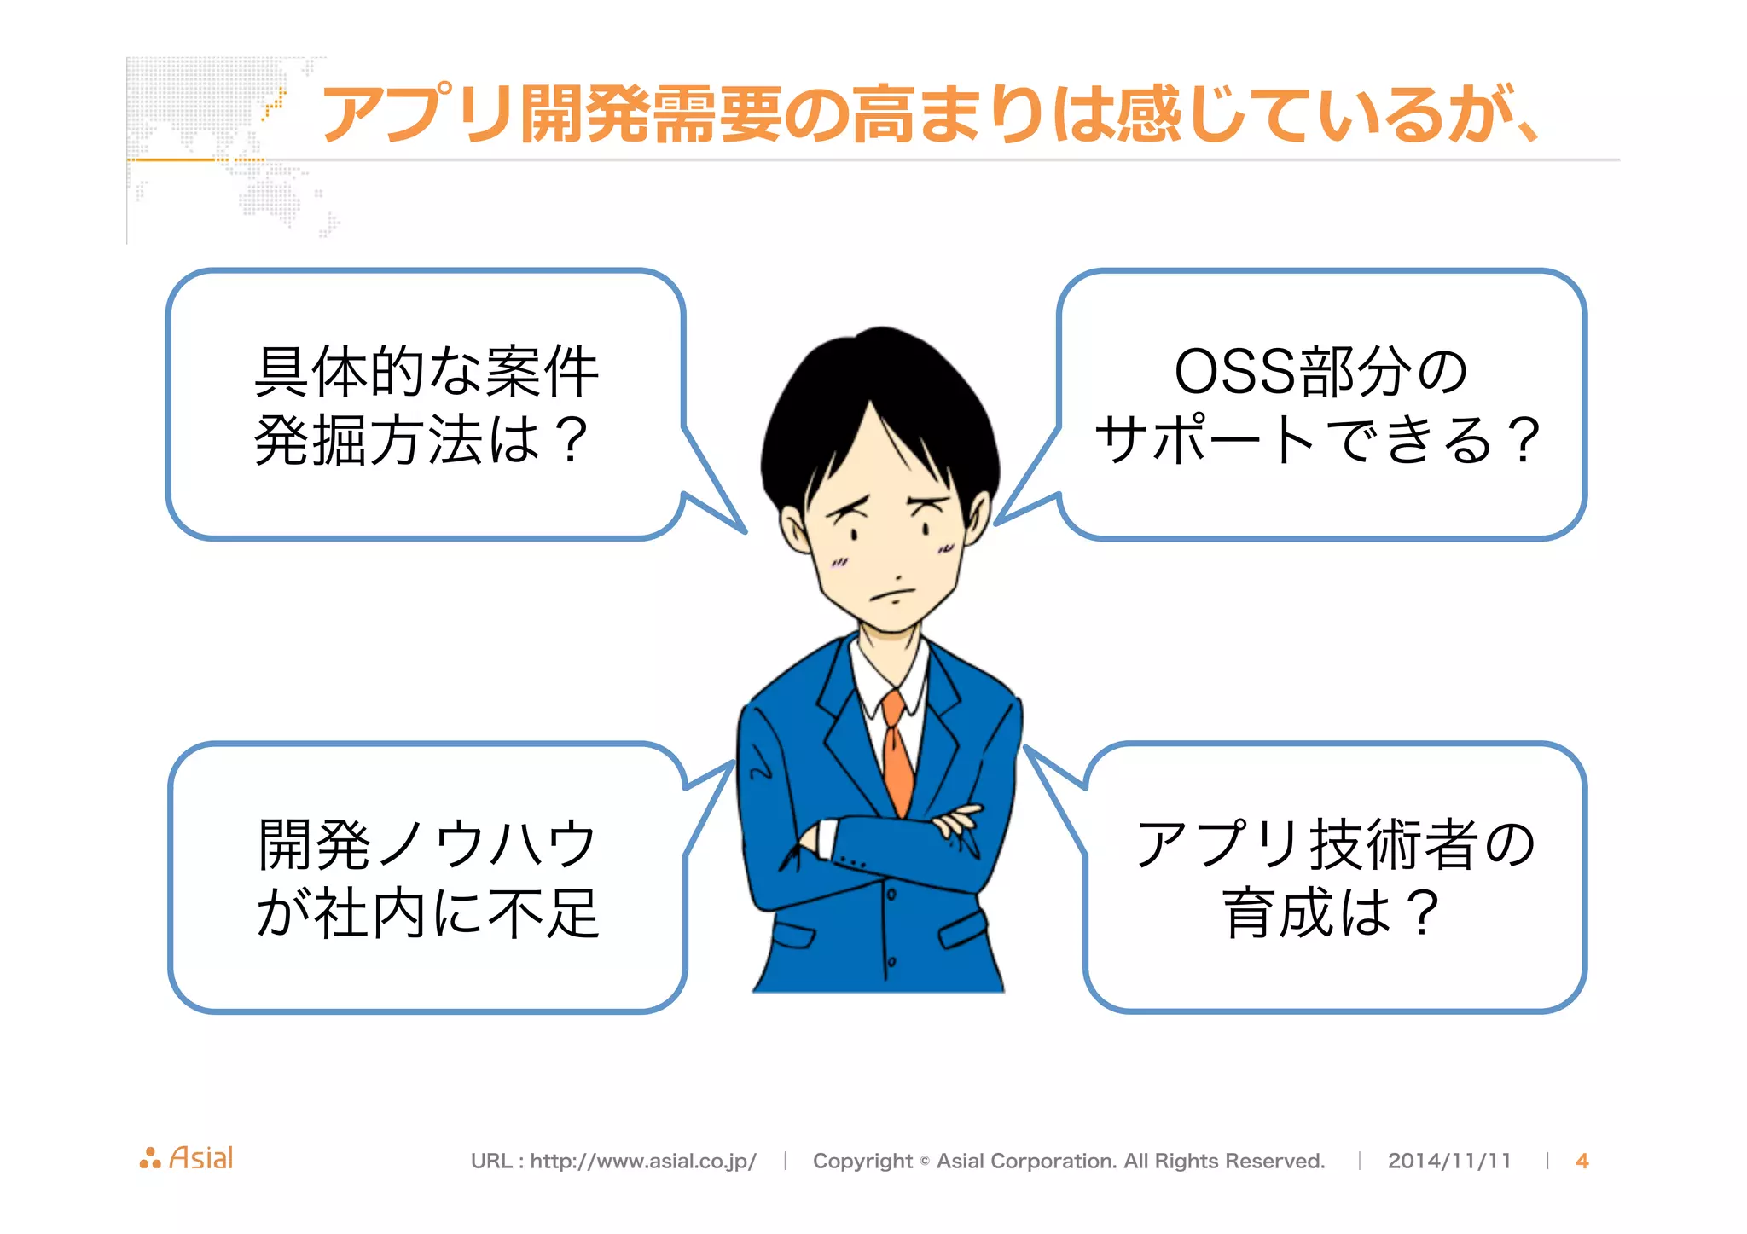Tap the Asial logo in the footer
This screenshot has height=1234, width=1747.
[x=187, y=1158]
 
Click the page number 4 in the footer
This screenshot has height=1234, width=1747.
[x=1582, y=1161]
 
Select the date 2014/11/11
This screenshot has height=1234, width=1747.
[x=1449, y=1161]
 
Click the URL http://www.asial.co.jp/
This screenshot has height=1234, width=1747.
[x=643, y=1161]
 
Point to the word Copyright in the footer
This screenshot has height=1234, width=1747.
[x=862, y=1161]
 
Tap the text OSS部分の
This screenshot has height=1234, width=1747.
[x=1320, y=373]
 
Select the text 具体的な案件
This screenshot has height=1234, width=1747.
[x=427, y=373]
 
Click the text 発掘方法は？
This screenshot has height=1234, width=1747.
[x=422, y=441]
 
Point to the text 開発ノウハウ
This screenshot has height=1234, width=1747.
[x=427, y=845]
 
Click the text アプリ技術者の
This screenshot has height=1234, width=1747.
[x=1336, y=845]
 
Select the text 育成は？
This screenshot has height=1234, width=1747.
[x=1332, y=913]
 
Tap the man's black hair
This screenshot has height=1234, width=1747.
[x=879, y=401]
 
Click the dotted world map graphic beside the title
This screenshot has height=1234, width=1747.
[x=222, y=145]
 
